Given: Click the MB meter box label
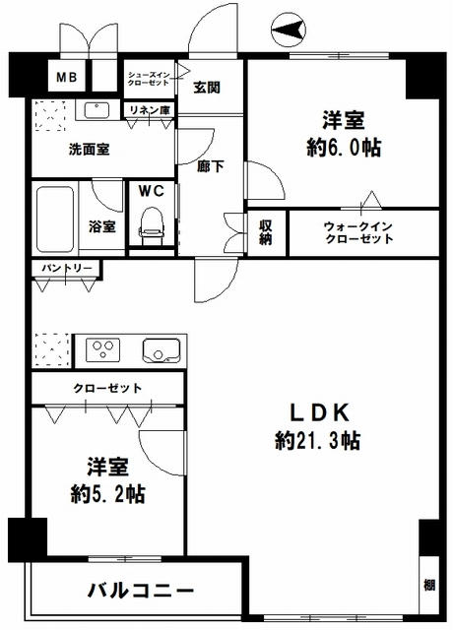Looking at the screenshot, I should click(69, 78).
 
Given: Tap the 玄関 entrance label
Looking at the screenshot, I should click(206, 87).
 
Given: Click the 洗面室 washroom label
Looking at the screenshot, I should click(88, 151).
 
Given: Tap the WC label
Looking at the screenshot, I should click(152, 190).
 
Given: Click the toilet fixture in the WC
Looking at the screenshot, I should click(152, 224).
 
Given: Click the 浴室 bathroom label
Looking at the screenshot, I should click(102, 226).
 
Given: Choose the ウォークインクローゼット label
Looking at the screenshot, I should click(358, 233).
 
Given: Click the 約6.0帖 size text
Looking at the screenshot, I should click(343, 150).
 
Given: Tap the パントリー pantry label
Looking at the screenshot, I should click(67, 268).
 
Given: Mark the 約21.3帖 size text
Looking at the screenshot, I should click(317, 440).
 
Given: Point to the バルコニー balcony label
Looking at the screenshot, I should click(141, 591).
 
